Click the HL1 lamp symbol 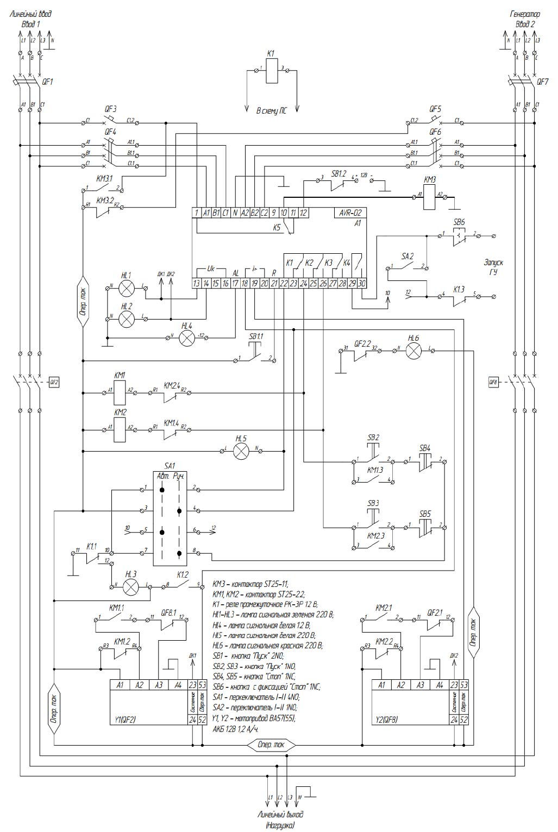click(x=127, y=287)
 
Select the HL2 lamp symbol click(x=127, y=318)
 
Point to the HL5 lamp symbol click(x=241, y=451)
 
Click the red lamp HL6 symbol click(x=414, y=351)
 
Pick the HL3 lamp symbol click(x=131, y=586)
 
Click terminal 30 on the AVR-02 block click(x=362, y=283)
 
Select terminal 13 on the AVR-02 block click(x=197, y=283)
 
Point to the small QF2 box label click(x=54, y=382)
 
